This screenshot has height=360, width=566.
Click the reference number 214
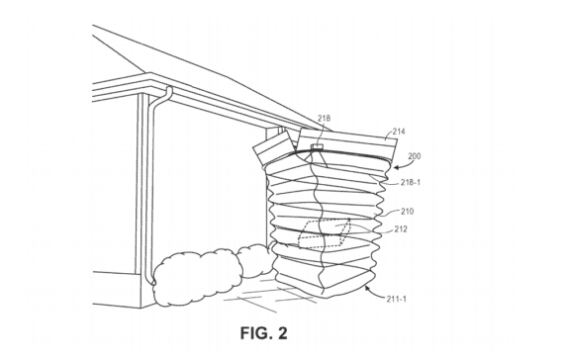399,131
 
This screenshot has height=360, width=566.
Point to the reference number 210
407,212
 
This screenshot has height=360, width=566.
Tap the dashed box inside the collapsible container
325,233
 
